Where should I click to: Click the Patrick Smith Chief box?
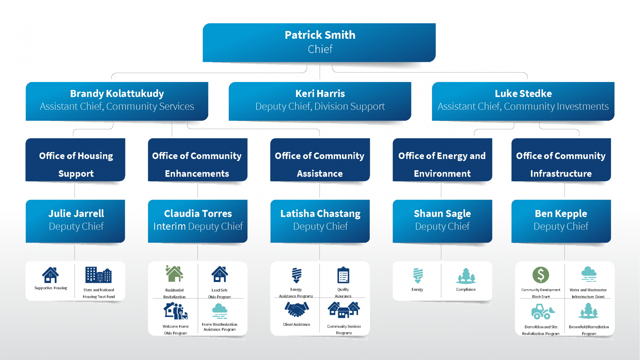[x=319, y=42]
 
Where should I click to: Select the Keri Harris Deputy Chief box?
[x=320, y=101]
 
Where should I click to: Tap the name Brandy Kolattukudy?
[x=117, y=93]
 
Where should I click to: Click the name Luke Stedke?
[x=523, y=93]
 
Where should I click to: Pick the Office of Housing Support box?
[x=75, y=160]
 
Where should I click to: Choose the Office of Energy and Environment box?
[x=442, y=160]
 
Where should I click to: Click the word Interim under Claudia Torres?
[x=170, y=226]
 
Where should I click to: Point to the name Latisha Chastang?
[x=320, y=213]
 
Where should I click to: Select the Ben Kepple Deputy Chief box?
[x=561, y=221]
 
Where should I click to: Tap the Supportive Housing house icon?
[x=51, y=275]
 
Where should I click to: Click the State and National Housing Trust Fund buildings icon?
[x=99, y=275]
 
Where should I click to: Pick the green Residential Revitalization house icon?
[x=174, y=274]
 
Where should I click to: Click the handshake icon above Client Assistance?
[x=297, y=309]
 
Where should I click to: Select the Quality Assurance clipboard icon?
[x=343, y=275]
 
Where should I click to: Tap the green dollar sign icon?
[x=541, y=275]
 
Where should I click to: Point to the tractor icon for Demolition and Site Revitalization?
[x=543, y=311]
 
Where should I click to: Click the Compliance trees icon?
[x=466, y=276]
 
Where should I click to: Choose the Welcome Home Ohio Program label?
[x=176, y=330]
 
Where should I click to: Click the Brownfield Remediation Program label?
[x=589, y=330]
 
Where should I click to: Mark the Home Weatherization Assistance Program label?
[x=220, y=327]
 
